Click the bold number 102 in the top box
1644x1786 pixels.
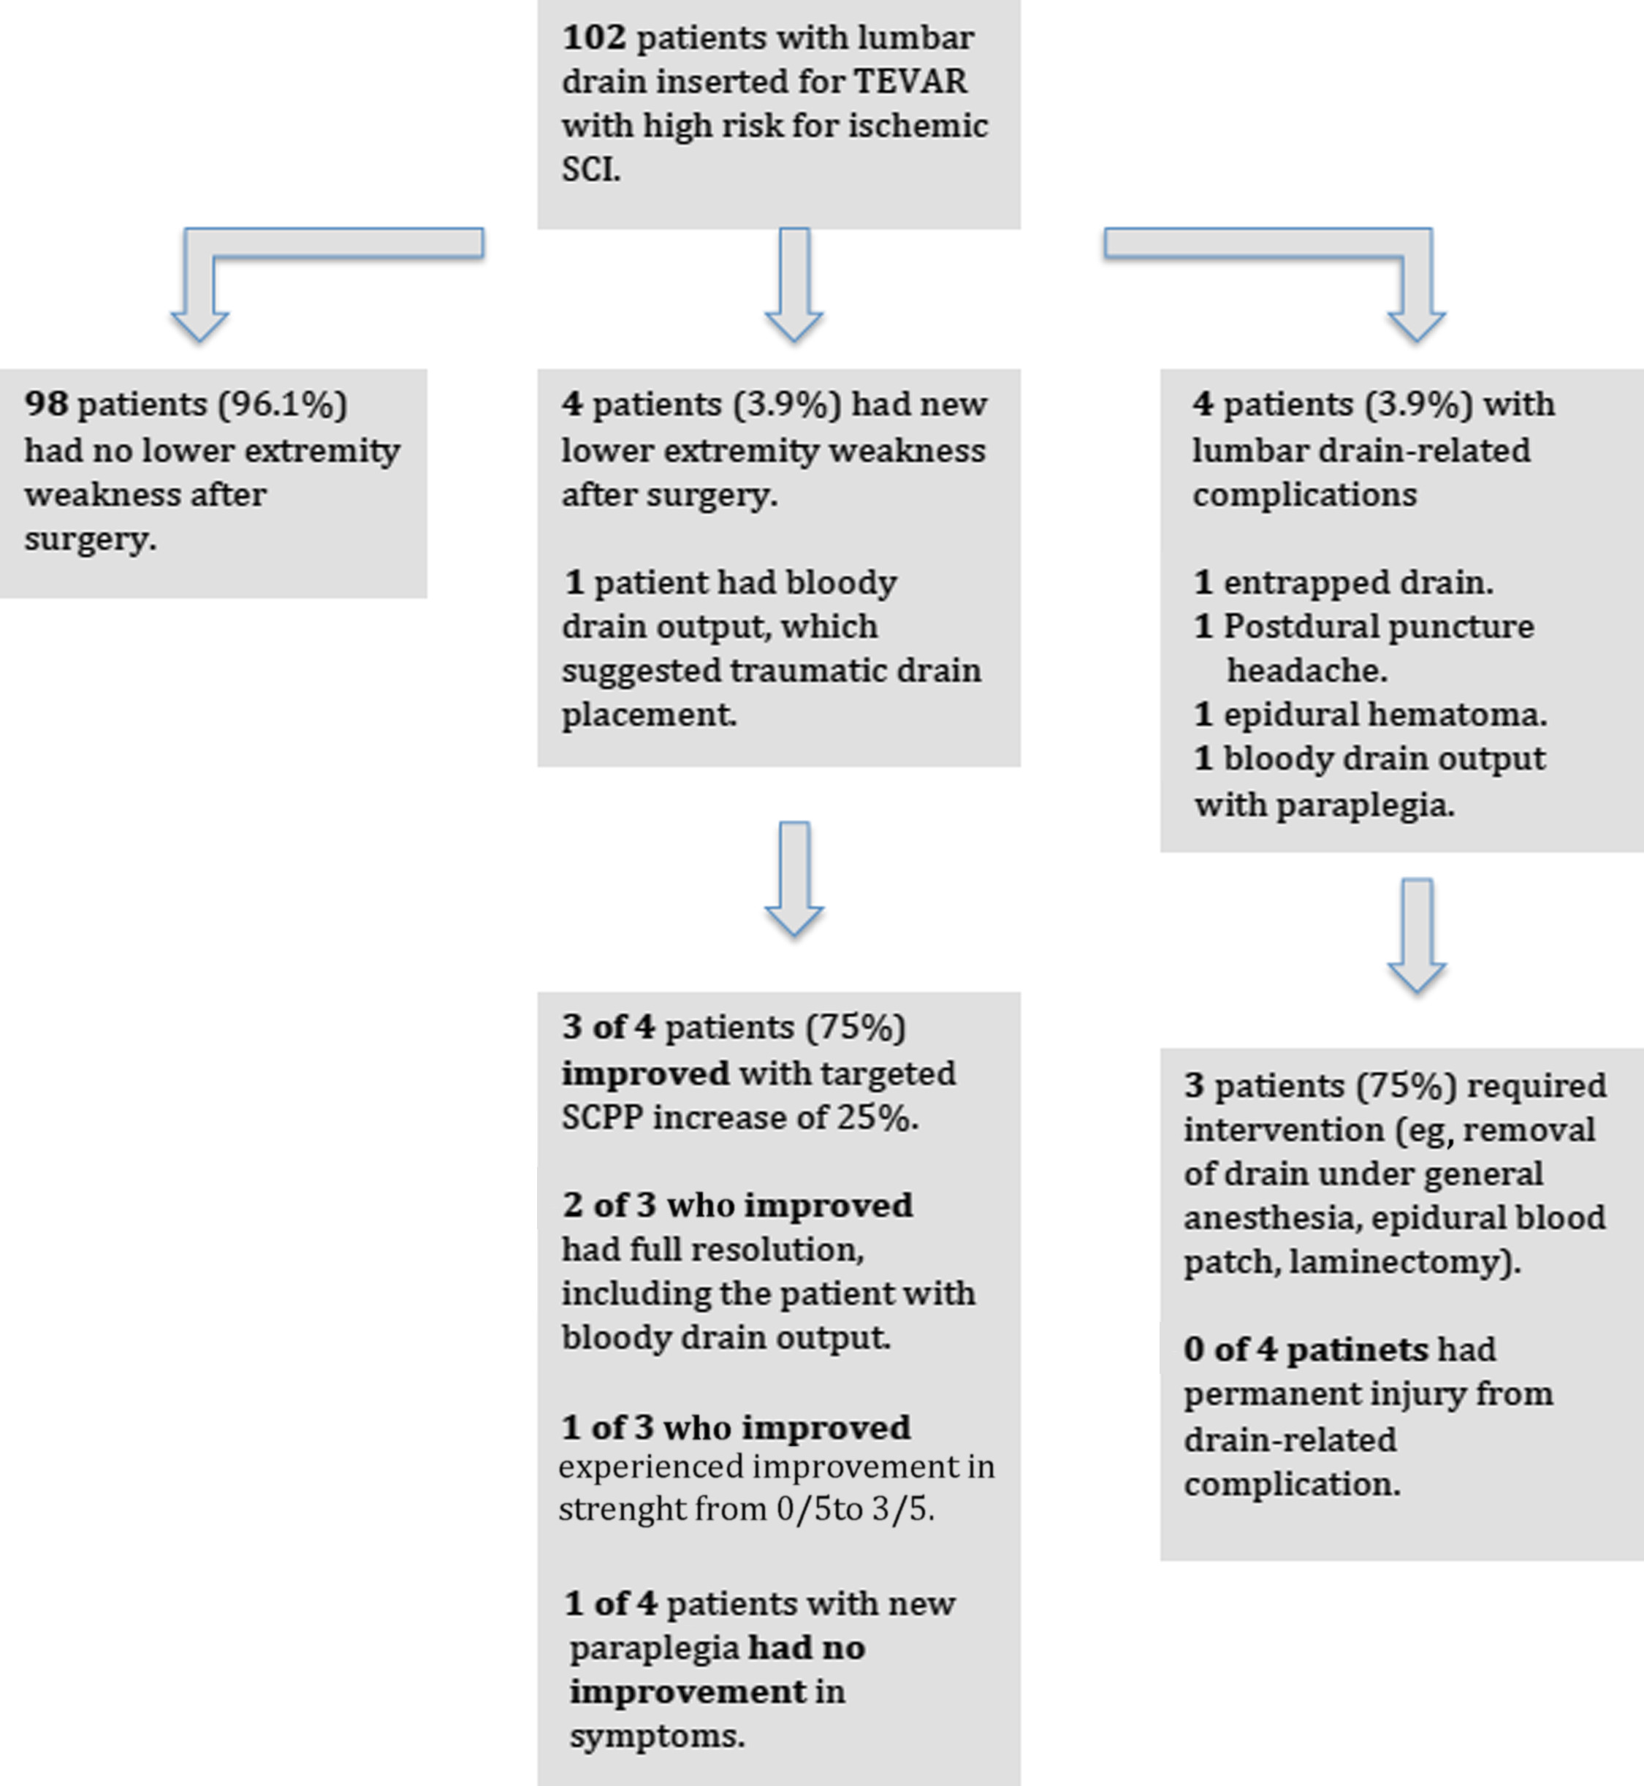tap(593, 38)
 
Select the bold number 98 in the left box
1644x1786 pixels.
tap(45, 404)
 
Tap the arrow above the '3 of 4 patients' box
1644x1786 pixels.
tap(794, 876)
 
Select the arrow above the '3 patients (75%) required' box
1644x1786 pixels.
tap(1416, 935)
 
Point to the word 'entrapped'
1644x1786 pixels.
tap(1290, 583)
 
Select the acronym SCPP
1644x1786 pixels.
tap(601, 1117)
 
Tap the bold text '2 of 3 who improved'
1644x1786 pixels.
tap(737, 1206)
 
